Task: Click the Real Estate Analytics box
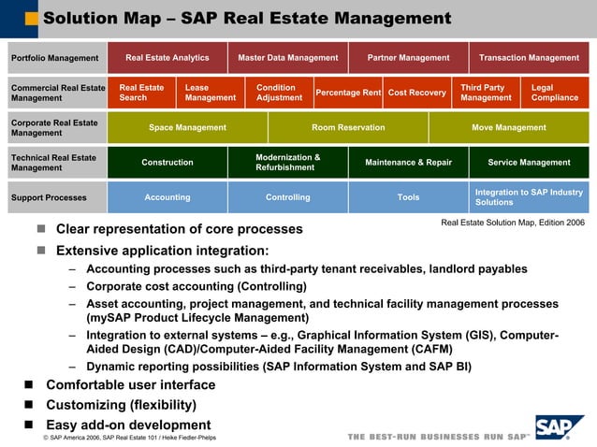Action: tap(167, 58)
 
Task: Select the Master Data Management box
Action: tap(288, 58)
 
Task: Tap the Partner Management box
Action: tap(408, 58)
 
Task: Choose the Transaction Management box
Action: tap(529, 58)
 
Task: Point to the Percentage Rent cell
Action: tap(347, 93)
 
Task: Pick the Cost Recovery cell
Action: tap(416, 93)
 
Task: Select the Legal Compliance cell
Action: tap(555, 93)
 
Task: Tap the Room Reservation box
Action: tap(348, 128)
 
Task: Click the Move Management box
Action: tap(509, 128)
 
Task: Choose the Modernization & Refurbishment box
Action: tap(288, 163)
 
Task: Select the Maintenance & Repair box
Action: tap(408, 163)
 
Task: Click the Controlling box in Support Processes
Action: tap(288, 197)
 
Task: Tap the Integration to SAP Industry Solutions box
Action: tap(529, 197)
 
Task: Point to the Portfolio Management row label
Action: tap(54, 58)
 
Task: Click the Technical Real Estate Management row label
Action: tap(54, 163)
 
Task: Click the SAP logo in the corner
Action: tap(559, 427)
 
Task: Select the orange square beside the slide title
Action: tap(32, 19)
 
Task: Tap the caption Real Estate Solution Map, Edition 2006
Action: tap(513, 223)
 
